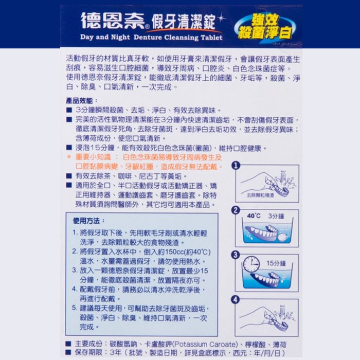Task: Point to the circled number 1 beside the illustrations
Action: pos(236,166)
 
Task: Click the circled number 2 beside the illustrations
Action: pos(236,210)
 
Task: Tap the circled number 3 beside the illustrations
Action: pos(236,255)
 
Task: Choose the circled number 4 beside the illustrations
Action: pos(236,299)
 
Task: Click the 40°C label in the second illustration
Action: pos(254,216)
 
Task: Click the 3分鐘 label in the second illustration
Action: pos(276,217)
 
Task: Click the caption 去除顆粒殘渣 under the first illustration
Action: pos(260,195)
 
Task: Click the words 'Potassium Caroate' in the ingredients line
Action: pos(205,344)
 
